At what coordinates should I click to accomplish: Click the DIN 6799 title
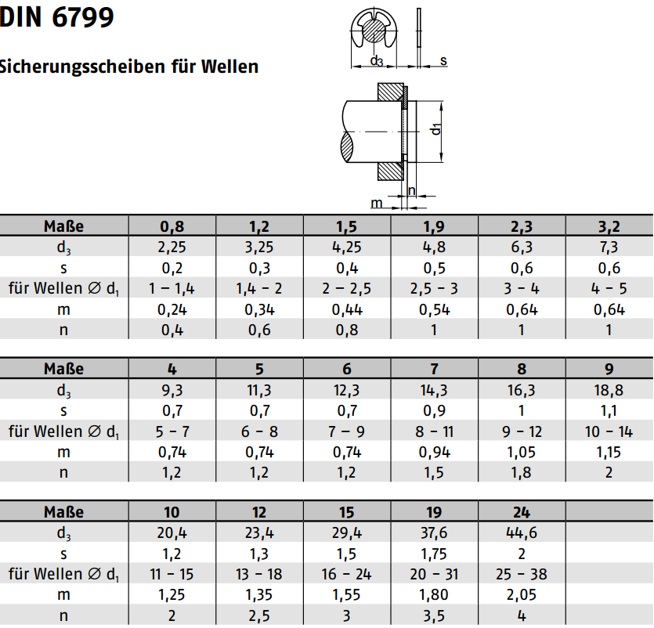56,17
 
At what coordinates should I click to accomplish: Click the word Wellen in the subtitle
229,67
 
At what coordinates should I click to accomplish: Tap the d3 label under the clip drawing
376,61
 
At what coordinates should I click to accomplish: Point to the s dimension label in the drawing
443,61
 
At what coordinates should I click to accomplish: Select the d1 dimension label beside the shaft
435,129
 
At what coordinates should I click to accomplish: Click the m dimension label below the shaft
377,203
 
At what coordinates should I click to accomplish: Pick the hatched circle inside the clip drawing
374,31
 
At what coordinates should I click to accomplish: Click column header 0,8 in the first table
172,226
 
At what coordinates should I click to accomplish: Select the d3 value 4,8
434,247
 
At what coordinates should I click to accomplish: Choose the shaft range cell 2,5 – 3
434,289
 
